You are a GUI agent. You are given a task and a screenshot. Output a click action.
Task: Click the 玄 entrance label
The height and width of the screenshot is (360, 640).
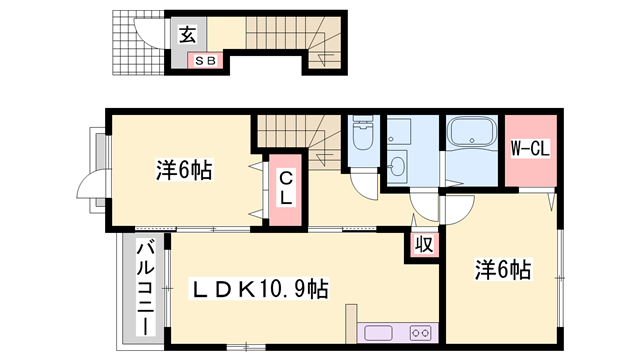pyautogui.click(x=188, y=34)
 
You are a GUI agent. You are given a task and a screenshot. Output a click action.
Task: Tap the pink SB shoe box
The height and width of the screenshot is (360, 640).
pyautogui.click(x=205, y=61)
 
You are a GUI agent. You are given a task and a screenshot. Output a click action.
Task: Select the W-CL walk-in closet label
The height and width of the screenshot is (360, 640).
pyautogui.click(x=530, y=148)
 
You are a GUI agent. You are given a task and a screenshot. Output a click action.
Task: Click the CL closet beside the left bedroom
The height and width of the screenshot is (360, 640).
pyautogui.click(x=286, y=189)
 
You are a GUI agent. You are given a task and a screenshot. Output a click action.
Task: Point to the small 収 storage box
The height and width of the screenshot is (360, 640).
pyautogui.click(x=424, y=245)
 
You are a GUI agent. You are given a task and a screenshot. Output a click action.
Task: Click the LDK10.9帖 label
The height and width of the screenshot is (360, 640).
pyautogui.click(x=259, y=289)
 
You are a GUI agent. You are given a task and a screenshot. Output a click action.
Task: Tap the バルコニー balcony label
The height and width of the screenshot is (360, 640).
pyautogui.click(x=146, y=288)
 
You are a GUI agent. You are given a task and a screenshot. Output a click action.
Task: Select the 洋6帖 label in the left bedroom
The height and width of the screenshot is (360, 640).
pyautogui.click(x=184, y=170)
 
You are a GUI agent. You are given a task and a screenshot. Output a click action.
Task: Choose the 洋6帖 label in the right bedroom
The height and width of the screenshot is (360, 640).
pyautogui.click(x=503, y=269)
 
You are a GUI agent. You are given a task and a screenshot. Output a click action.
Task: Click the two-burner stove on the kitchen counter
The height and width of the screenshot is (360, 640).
pyautogui.click(x=420, y=333)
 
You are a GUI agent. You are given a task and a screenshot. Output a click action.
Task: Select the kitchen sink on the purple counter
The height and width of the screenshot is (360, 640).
pyautogui.click(x=378, y=333)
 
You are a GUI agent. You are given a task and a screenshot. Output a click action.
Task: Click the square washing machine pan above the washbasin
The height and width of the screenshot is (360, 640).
pyautogui.click(x=399, y=131)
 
